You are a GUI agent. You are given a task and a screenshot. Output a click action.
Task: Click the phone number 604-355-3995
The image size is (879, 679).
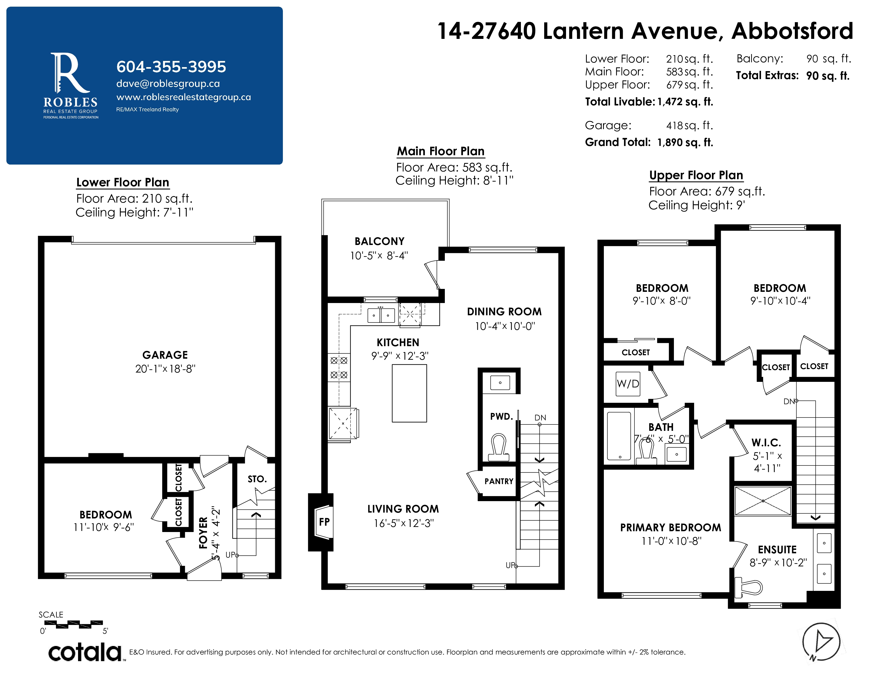pos(171,67)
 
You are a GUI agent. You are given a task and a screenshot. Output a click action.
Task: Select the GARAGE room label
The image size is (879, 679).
pos(165,355)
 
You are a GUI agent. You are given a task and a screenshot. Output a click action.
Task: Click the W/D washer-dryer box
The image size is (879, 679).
pos(628,384)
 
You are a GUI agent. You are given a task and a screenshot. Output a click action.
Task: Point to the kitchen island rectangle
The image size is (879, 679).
pos(409,393)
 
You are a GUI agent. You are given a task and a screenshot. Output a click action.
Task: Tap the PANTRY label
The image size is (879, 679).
pos(499,481)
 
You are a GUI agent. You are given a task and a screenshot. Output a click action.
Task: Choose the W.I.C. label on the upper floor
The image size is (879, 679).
pos(766,443)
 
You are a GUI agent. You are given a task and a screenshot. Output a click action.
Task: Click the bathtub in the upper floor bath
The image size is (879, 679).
pos(619,436)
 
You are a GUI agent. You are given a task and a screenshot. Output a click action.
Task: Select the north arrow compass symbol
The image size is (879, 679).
pos(821,643)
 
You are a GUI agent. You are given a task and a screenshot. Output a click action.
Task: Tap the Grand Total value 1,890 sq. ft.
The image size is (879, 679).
pos(685,142)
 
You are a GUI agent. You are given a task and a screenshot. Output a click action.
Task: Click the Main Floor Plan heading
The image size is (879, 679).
pos(441,151)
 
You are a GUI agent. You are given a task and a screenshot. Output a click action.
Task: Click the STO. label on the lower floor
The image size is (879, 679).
pos(257,479)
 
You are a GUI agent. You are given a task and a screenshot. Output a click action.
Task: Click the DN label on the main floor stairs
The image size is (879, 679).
pos(540,418)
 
